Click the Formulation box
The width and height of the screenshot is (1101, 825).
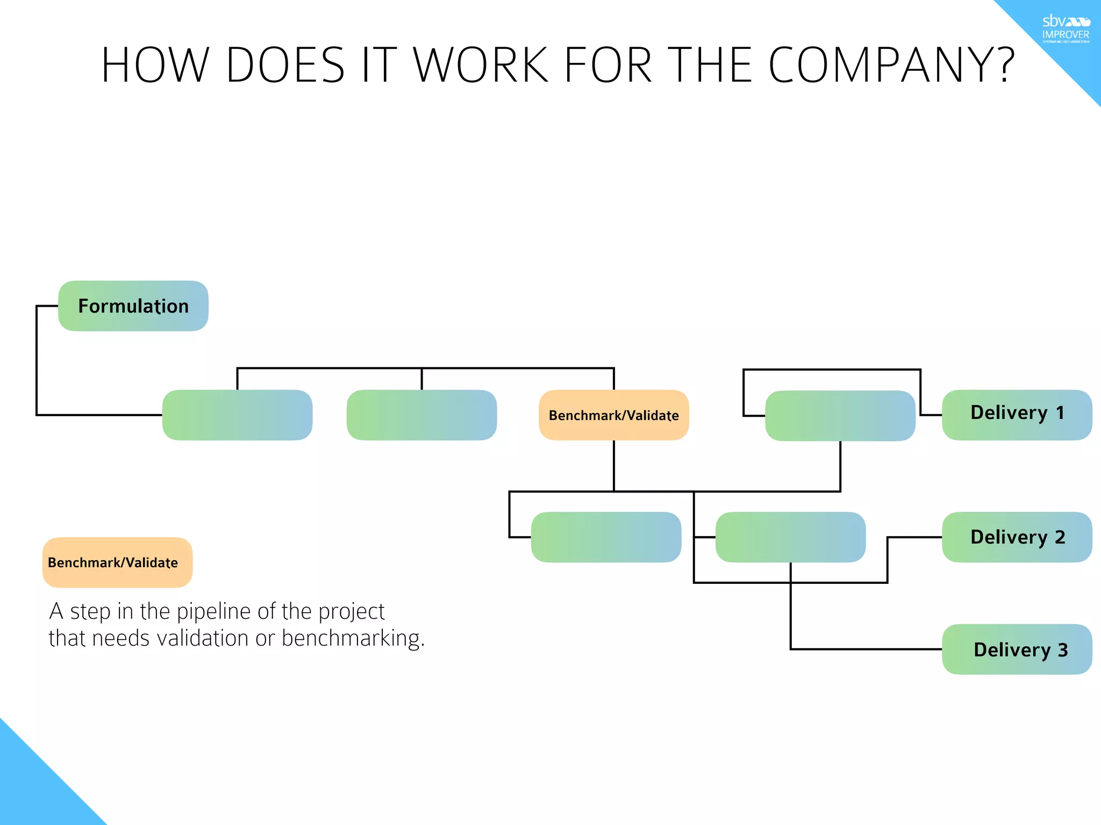coord(133,306)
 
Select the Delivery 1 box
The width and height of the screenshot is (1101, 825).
coord(1017,415)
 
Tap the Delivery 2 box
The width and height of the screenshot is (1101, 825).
coord(1017,537)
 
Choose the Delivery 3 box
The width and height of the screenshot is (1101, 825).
coord(1017,649)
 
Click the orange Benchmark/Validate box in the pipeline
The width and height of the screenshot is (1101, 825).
coord(613,415)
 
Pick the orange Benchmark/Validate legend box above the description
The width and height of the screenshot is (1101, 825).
coord(117,562)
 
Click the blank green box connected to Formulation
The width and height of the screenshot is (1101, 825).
coord(237,415)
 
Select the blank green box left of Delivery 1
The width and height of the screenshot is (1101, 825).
coord(840,416)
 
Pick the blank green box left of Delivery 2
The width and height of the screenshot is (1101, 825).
coord(790,537)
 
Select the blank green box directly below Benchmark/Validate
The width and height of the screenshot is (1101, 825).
coord(606,537)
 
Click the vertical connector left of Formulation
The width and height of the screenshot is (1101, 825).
coord(37,360)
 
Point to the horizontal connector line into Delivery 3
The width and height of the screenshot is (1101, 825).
coord(866,649)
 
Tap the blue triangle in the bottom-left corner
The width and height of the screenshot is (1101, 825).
coord(32,790)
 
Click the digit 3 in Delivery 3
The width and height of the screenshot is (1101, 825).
coord(1062,650)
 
